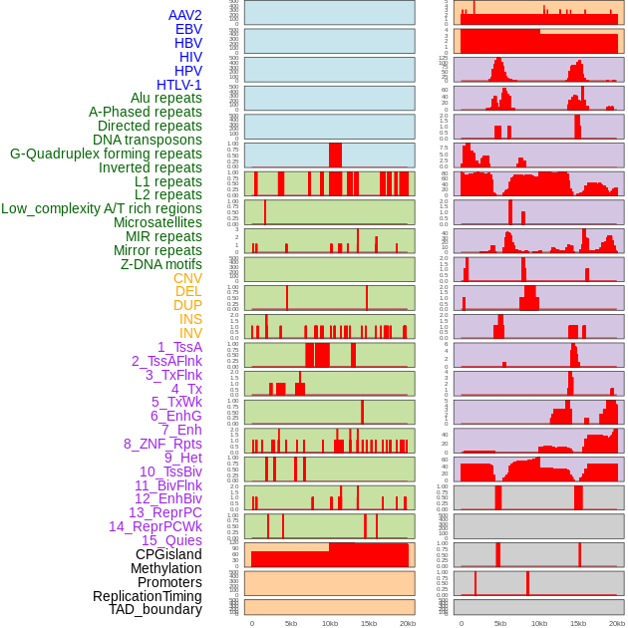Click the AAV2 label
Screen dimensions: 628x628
click(184, 15)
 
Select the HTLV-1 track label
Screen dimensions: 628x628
click(178, 85)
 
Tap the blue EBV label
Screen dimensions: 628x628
click(188, 29)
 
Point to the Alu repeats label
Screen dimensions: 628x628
click(166, 98)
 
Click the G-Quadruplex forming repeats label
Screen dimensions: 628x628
click(106, 154)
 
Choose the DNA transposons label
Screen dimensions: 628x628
click(148, 140)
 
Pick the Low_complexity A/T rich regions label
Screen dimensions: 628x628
click(102, 208)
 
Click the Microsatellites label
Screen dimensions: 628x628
click(157, 222)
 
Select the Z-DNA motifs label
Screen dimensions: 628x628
click(161, 264)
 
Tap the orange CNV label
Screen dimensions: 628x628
click(187, 278)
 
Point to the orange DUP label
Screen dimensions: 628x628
click(187, 305)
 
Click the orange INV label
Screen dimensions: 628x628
click(190, 333)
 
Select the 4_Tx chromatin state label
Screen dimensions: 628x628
click(186, 389)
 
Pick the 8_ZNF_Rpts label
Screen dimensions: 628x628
click(162, 444)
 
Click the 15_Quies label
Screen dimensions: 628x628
click(171, 540)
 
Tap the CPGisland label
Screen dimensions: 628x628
click(168, 554)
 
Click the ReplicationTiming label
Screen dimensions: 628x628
click(148, 596)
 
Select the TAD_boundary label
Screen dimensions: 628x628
click(156, 609)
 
